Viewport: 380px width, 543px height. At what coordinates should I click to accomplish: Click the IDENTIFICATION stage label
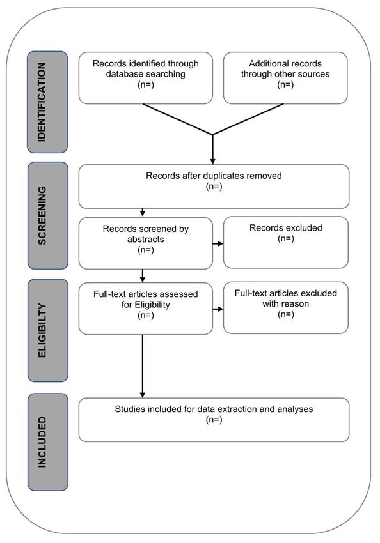[x=47, y=102]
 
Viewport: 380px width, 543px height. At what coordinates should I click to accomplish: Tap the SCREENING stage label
[x=48, y=215]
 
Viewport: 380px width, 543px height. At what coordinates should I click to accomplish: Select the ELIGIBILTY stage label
[x=48, y=330]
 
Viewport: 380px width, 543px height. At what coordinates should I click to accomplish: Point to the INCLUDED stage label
[x=48, y=442]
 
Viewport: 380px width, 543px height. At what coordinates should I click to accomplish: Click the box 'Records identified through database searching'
[x=146, y=78]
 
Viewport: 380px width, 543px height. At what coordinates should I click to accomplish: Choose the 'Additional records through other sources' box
[x=285, y=78]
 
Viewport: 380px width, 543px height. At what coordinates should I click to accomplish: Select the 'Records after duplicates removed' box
[x=214, y=187]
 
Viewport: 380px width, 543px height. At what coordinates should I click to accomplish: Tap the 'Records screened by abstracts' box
[x=146, y=243]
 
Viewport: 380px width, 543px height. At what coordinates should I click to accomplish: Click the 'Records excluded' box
[x=286, y=242]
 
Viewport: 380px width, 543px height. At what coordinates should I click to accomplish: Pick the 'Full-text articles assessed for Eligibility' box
[x=146, y=309]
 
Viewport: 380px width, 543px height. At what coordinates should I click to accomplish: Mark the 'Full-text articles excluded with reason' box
[x=286, y=308]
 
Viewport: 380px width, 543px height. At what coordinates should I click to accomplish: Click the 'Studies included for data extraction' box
[x=214, y=420]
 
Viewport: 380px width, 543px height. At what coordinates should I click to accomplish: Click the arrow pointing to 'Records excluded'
[x=218, y=244]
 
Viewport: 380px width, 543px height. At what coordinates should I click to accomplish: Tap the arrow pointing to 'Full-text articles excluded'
[x=218, y=309]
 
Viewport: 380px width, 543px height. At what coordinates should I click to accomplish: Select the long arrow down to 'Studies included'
[x=143, y=366]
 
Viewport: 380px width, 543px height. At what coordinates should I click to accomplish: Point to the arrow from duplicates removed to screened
[x=143, y=213]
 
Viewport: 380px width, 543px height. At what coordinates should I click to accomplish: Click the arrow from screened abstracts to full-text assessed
[x=143, y=276]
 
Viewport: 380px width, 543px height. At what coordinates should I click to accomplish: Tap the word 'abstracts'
[x=146, y=240]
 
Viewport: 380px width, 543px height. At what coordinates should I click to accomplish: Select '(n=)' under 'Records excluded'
[x=286, y=239]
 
